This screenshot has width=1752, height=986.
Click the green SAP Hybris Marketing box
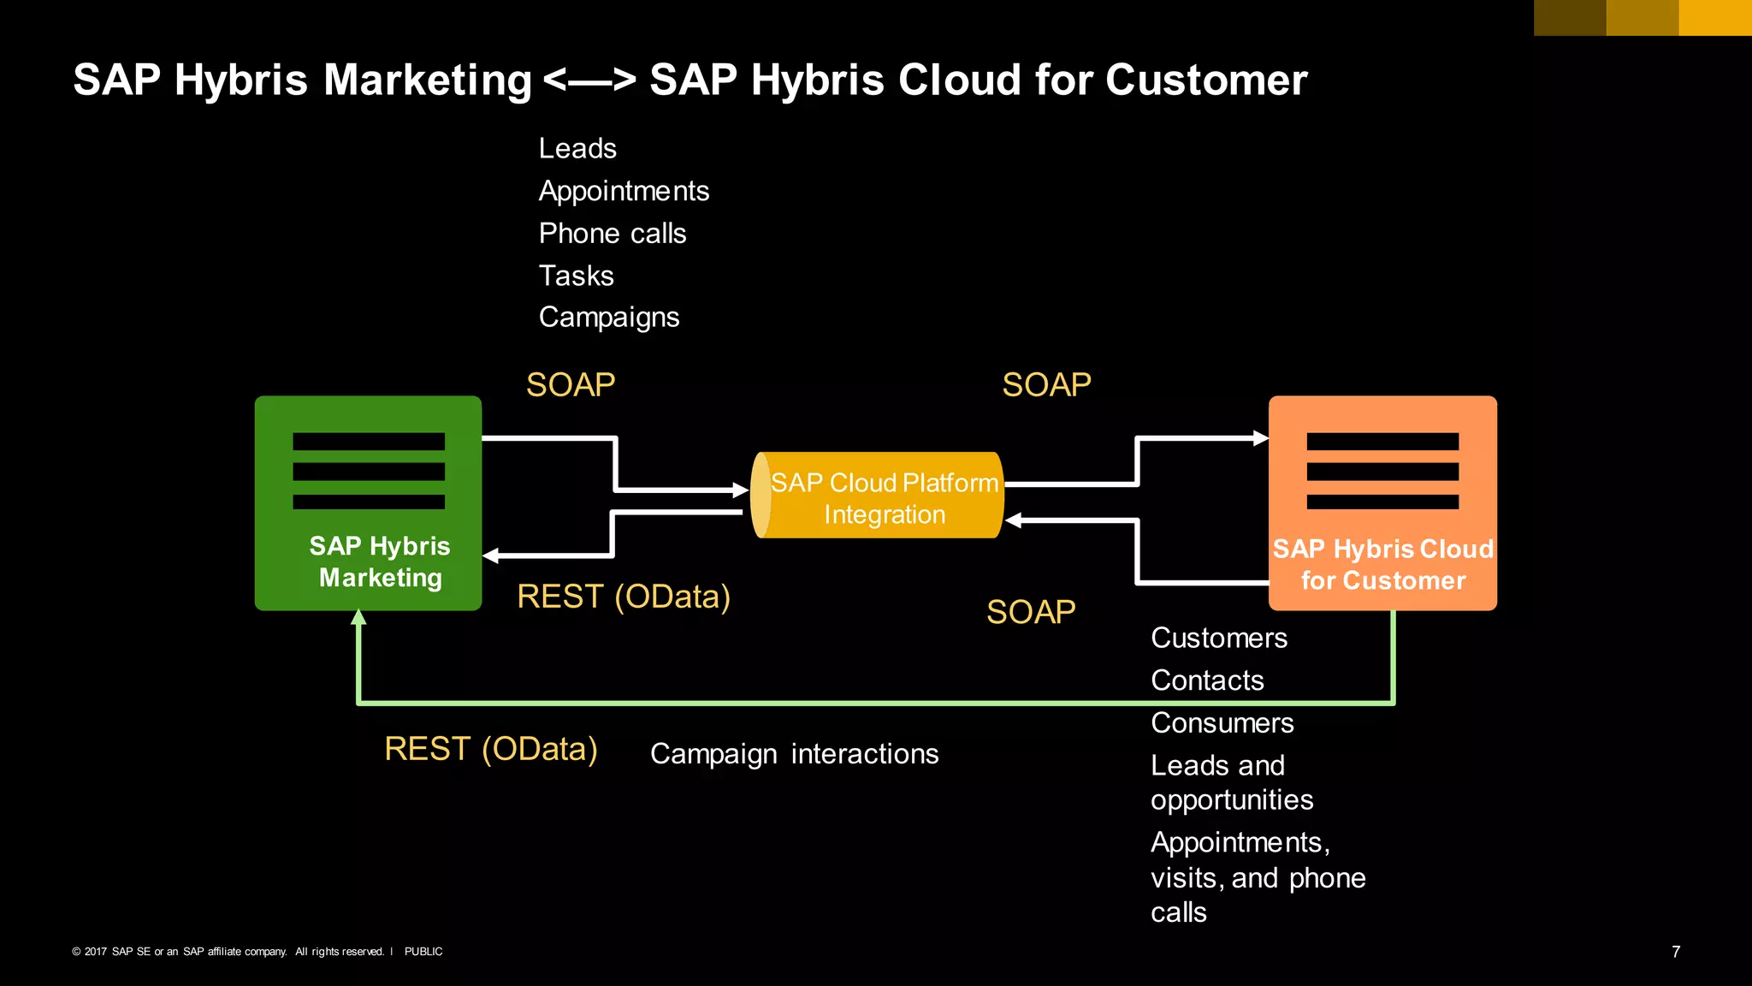(x=368, y=502)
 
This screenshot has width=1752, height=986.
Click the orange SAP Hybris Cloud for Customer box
(x=1382, y=502)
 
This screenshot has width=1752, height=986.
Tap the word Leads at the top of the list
(x=577, y=149)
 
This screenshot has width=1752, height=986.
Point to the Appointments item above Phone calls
(x=624, y=191)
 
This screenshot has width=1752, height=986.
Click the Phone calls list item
(x=613, y=234)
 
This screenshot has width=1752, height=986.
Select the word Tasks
(x=576, y=276)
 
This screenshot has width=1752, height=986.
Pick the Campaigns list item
(x=609, y=318)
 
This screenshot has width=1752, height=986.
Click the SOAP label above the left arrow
(x=571, y=385)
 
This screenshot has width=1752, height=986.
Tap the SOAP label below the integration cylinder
(x=1031, y=612)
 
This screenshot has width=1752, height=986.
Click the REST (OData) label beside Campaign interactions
(x=491, y=749)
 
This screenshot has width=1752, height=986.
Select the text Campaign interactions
(x=794, y=754)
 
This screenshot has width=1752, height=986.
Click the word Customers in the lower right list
(x=1219, y=638)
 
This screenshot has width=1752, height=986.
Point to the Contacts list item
(x=1207, y=680)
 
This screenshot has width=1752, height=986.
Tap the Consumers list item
(x=1222, y=723)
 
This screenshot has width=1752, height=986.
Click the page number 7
(x=1676, y=952)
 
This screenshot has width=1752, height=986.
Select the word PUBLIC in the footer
(x=423, y=952)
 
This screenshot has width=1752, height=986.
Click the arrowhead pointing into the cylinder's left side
(x=741, y=490)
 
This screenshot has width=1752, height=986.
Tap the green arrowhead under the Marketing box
(x=359, y=617)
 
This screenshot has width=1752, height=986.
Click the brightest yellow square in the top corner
(x=1715, y=17)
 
